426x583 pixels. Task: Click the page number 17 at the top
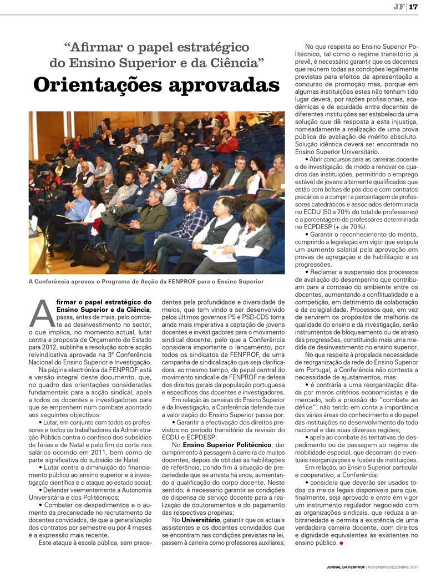click(413, 7)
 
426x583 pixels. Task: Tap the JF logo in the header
click(398, 7)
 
